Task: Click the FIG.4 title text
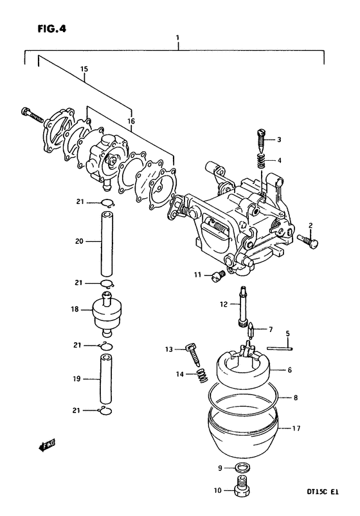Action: click(x=51, y=29)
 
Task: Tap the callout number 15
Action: click(x=84, y=69)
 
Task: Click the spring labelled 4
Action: click(x=260, y=161)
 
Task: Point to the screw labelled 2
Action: click(x=309, y=241)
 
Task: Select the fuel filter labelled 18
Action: click(x=106, y=314)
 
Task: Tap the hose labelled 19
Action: click(x=106, y=379)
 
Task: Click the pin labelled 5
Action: click(x=280, y=348)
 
